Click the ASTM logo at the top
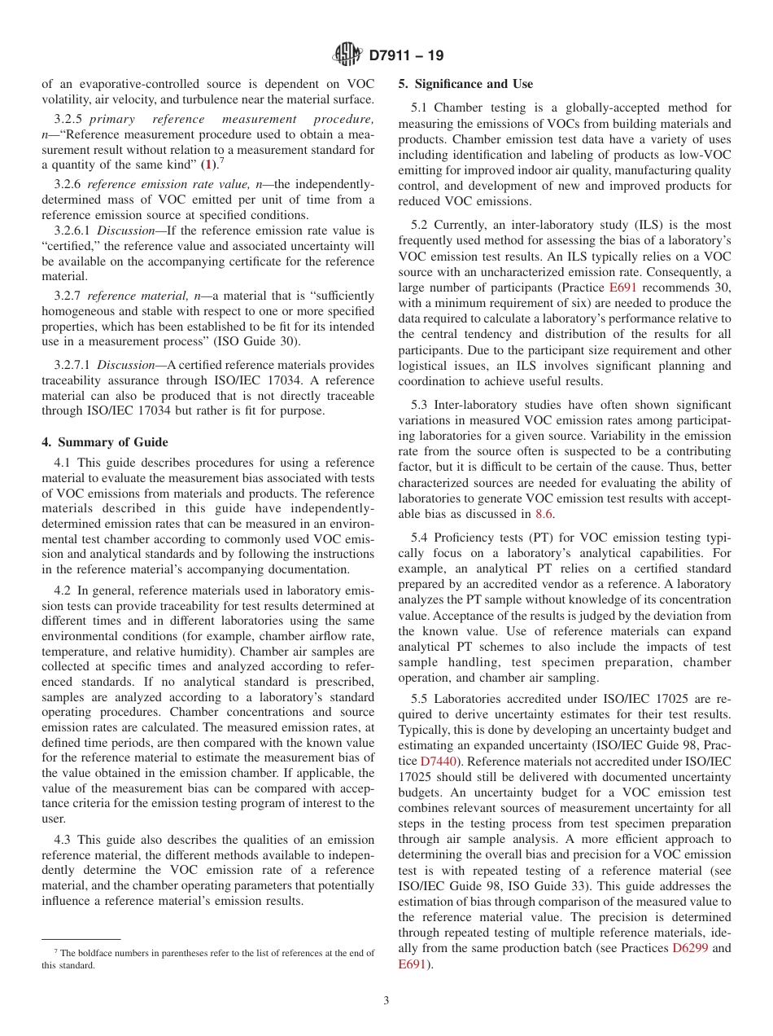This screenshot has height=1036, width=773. coord(347,55)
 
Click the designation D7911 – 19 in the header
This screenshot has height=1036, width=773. coord(406,56)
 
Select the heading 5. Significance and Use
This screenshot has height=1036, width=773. coord(465,84)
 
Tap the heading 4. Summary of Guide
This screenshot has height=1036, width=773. coord(105,442)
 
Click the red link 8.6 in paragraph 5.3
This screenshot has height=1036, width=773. coord(544,513)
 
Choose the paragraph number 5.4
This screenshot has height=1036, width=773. coord(420,538)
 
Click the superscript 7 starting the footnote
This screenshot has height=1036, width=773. coord(56,950)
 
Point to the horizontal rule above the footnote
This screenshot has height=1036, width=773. coord(81,939)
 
